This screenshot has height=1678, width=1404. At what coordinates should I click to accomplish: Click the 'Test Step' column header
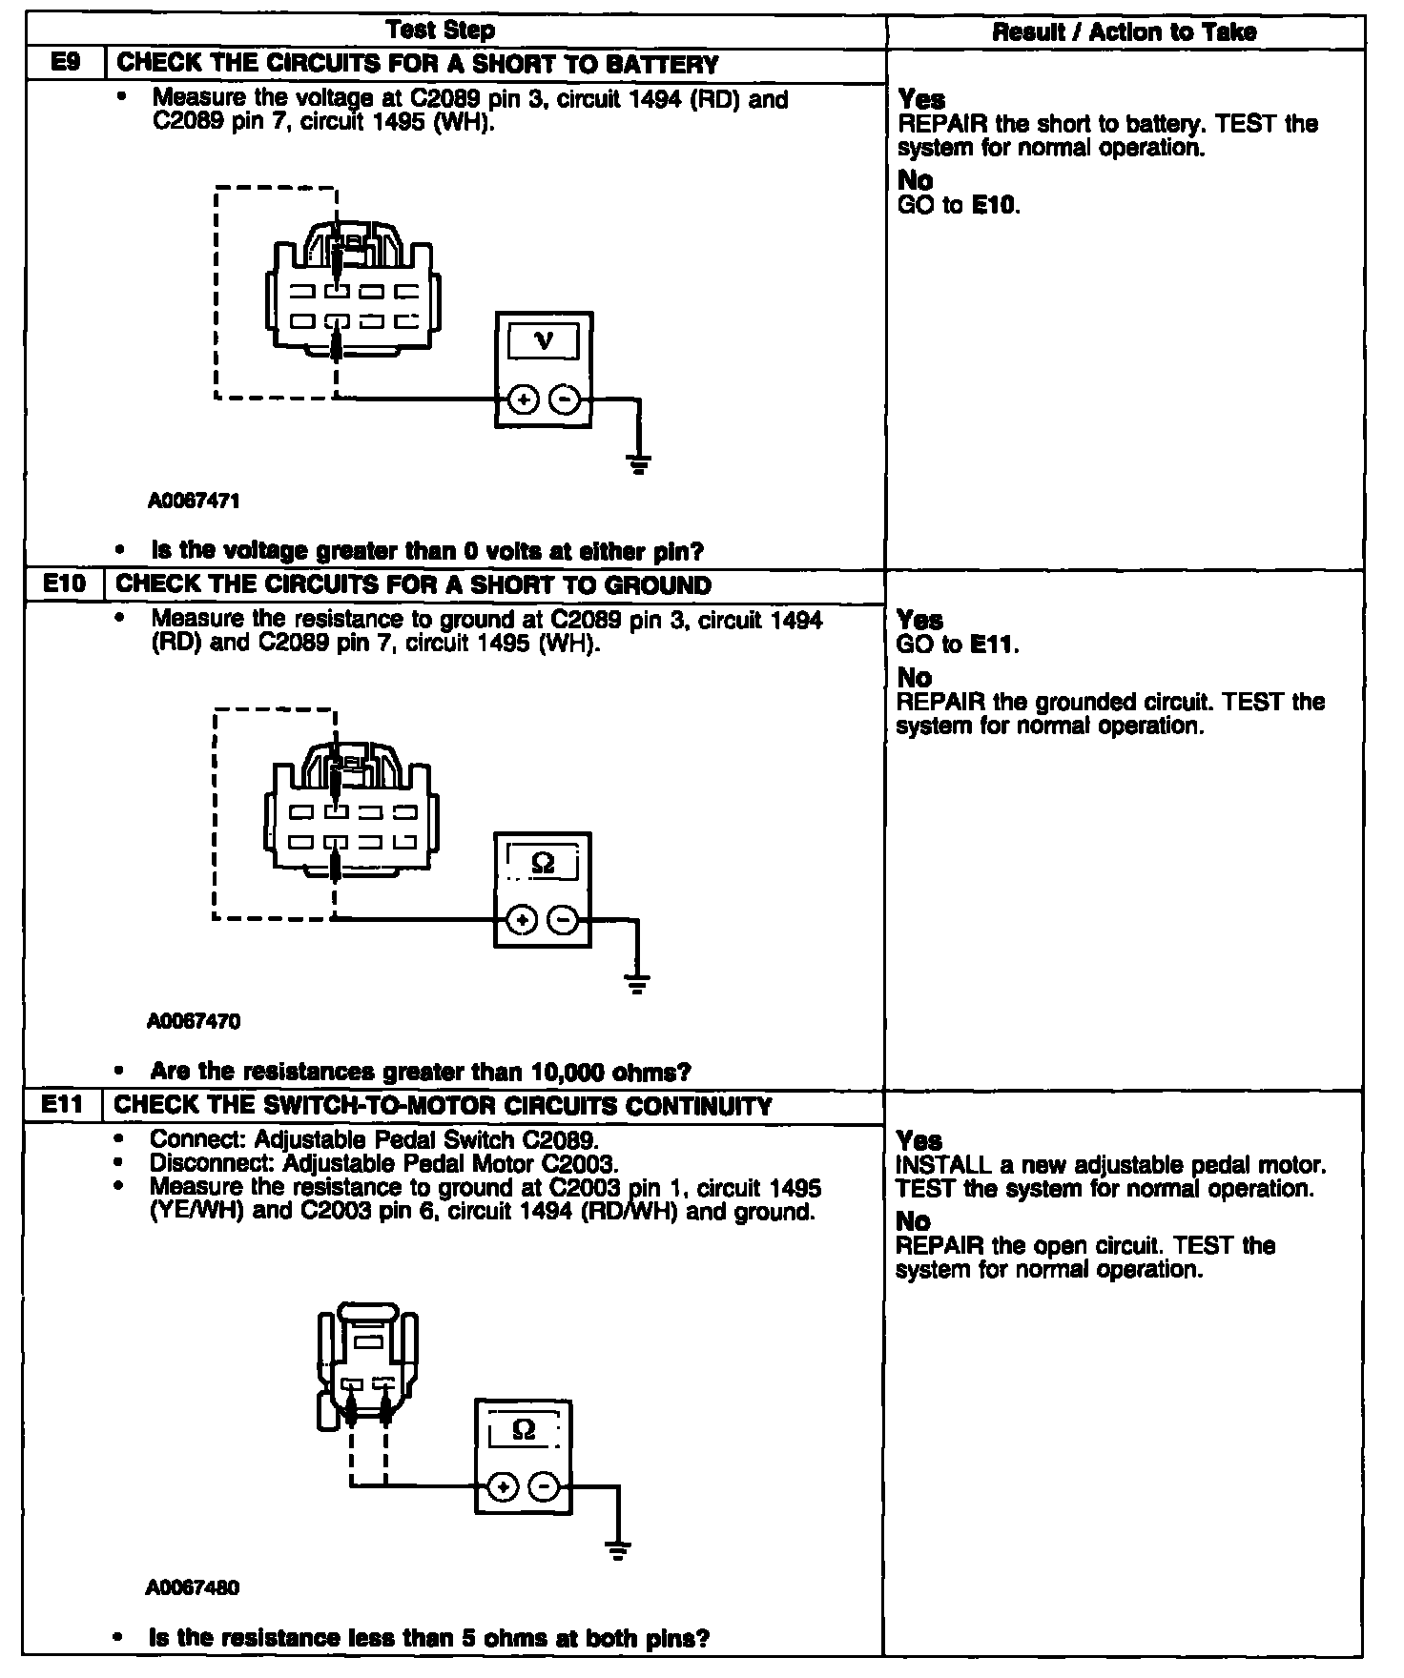pos(441,31)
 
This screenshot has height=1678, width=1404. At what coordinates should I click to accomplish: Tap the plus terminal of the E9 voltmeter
pos(523,399)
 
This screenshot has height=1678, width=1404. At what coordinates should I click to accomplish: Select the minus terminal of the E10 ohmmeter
pos(565,920)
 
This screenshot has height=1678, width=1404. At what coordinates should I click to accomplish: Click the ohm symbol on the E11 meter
pos(524,1430)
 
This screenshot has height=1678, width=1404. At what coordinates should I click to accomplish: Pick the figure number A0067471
pos(194,500)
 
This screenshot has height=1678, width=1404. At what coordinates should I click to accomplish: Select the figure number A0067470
pos(194,1021)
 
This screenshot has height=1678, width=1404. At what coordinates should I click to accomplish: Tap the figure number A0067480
pos(193,1587)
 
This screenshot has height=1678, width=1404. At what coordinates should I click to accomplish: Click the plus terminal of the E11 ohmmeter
pos(504,1486)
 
